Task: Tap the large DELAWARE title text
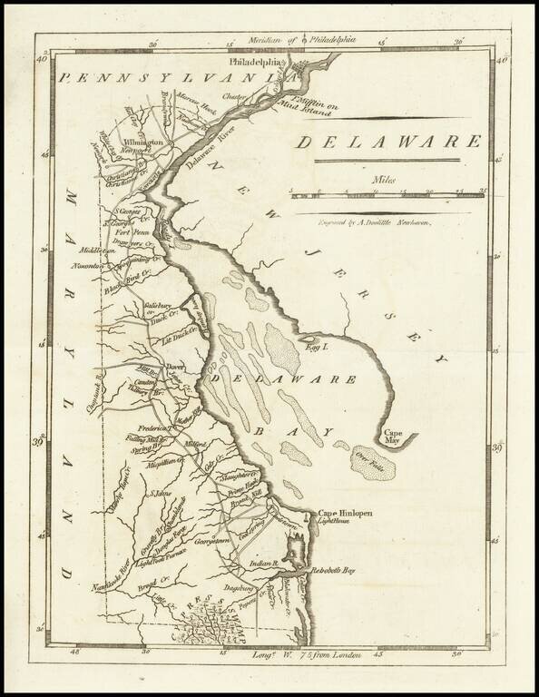pyautogui.click(x=389, y=142)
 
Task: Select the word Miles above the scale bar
pyautogui.click(x=384, y=181)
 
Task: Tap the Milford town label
pyautogui.click(x=195, y=445)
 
